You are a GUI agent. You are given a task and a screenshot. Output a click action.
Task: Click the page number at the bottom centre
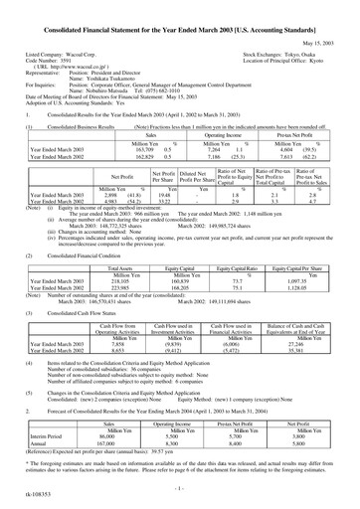[x=180, y=491]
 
